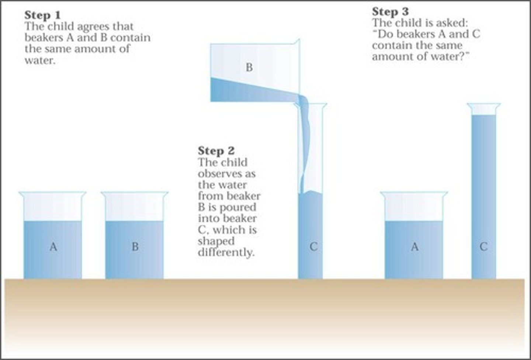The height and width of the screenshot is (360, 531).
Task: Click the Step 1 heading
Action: pos(42,15)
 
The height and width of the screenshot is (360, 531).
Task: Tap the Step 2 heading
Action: pos(216,151)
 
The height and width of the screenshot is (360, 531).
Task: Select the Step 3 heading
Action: pos(390,11)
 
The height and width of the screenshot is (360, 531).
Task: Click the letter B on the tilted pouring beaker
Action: pos(249,67)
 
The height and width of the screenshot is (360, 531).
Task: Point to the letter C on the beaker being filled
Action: pos(313,246)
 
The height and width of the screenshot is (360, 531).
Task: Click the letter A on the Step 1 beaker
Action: pos(53,246)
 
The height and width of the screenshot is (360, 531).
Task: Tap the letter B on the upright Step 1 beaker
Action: pos(135,246)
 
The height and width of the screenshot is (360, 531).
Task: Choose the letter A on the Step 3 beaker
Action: pos(414,246)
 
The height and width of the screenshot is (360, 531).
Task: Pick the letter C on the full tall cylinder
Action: pos(483,246)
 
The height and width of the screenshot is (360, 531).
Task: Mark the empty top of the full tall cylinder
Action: pos(483,110)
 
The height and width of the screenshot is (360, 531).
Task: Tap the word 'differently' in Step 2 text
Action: pos(226,253)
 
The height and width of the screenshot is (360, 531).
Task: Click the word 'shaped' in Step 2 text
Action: pos(216,241)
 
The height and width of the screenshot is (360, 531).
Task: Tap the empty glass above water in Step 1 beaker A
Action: pos(53,208)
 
